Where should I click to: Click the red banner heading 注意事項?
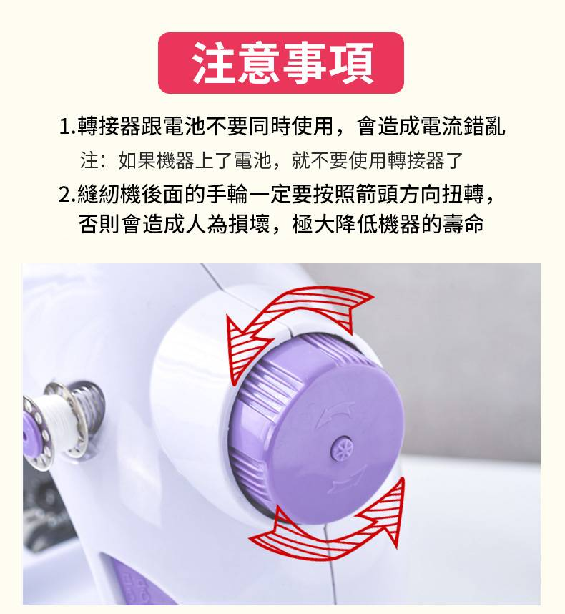(x=281, y=63)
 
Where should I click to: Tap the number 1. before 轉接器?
(x=67, y=127)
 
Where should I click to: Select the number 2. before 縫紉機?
(x=67, y=194)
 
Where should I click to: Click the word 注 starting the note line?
(x=89, y=160)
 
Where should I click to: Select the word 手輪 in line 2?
(x=227, y=194)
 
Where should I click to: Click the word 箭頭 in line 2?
(x=377, y=194)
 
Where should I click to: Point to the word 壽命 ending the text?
(x=463, y=225)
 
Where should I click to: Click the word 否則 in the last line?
(x=99, y=225)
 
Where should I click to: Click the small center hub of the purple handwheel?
(x=342, y=447)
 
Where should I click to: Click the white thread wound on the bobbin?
(x=55, y=416)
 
